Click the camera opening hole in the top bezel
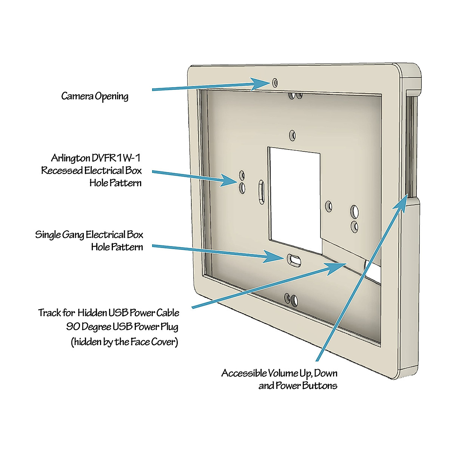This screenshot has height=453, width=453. click(275, 82)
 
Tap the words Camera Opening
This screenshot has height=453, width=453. click(95, 96)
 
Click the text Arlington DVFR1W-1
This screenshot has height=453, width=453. click(96, 157)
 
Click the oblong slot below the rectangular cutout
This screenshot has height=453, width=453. click(293, 259)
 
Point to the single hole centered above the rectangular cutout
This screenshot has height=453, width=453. click(292, 135)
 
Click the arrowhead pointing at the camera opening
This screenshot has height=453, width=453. click(262, 83)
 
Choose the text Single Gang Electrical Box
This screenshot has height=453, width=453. click(89, 235)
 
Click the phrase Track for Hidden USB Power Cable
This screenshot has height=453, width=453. click(109, 313)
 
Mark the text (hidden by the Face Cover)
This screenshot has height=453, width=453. click(125, 342)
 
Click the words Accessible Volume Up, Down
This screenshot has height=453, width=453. click(279, 373)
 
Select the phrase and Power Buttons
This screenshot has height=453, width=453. click(298, 386)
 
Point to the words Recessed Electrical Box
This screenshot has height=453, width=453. click(91, 170)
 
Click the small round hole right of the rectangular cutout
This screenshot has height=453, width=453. click(329, 206)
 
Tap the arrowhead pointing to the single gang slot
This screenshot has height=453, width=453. click(275, 258)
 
